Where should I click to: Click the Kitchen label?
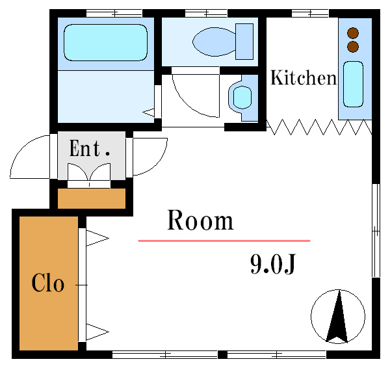[x=303, y=79]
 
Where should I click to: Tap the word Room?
[x=200, y=221]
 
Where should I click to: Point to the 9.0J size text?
[x=273, y=264]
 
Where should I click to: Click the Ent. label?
[x=90, y=149]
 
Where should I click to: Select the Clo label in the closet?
[x=48, y=283]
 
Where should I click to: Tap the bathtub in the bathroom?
[x=105, y=42]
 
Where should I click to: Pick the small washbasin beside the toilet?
[x=242, y=98]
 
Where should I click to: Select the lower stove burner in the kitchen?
[x=353, y=46]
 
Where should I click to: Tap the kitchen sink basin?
[x=353, y=84]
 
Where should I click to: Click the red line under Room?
[x=224, y=241]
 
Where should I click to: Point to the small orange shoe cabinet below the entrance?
[x=92, y=198]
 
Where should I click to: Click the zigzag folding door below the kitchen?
[x=318, y=126]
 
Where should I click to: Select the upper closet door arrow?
[x=96, y=238]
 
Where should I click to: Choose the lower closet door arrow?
[x=96, y=332]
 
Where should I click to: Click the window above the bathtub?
[x=114, y=13]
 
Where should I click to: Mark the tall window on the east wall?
[x=375, y=230]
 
